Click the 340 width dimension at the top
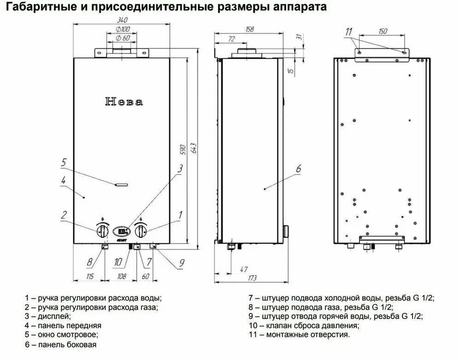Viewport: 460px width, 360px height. pos(122,20)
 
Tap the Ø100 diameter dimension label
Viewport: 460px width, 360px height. pos(122,29)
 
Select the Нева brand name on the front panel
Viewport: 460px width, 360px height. pos(124,102)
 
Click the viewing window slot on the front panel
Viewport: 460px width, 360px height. pos(123,184)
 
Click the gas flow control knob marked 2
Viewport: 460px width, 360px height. pos(102,230)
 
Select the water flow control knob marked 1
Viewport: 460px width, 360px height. pos(142,230)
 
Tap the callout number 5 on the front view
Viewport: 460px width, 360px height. pos(64,162)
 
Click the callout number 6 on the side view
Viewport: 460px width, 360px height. pos(298,169)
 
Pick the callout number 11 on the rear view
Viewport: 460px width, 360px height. pos(349,32)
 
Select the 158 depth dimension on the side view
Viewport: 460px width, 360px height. pos(249,30)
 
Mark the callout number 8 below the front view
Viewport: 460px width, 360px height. pos(90,262)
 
